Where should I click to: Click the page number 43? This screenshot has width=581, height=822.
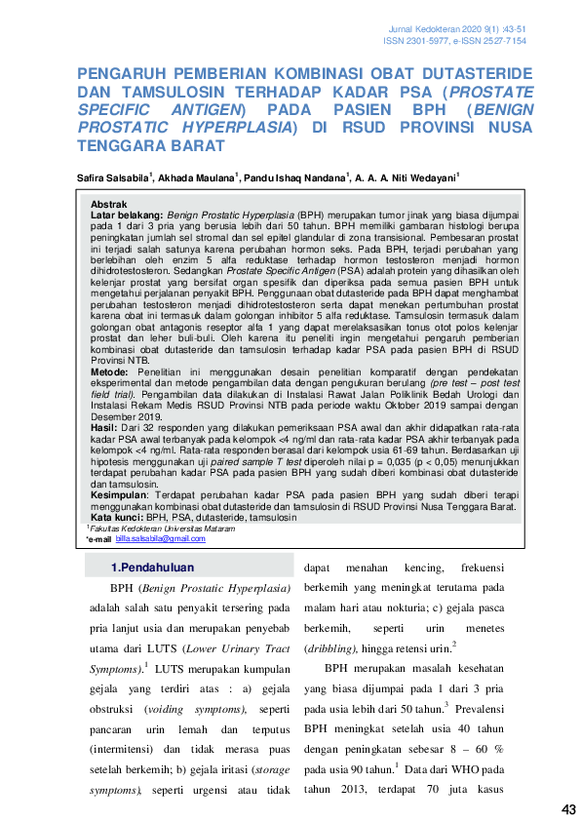(x=569, y=809)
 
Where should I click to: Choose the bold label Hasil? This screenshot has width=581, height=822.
(x=102, y=427)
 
